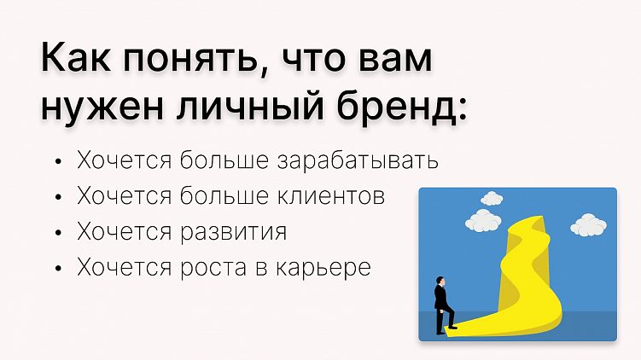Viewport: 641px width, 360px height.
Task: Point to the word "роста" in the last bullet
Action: pyautogui.click(x=208, y=268)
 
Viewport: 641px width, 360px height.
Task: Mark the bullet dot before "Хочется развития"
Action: pyautogui.click(x=57, y=233)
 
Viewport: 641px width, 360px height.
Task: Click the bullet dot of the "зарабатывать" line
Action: pyautogui.click(x=57, y=161)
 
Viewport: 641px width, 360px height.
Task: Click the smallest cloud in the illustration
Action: pyautogui.click(x=492, y=199)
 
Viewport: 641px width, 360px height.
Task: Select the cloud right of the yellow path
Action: pyautogui.click(x=588, y=224)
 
